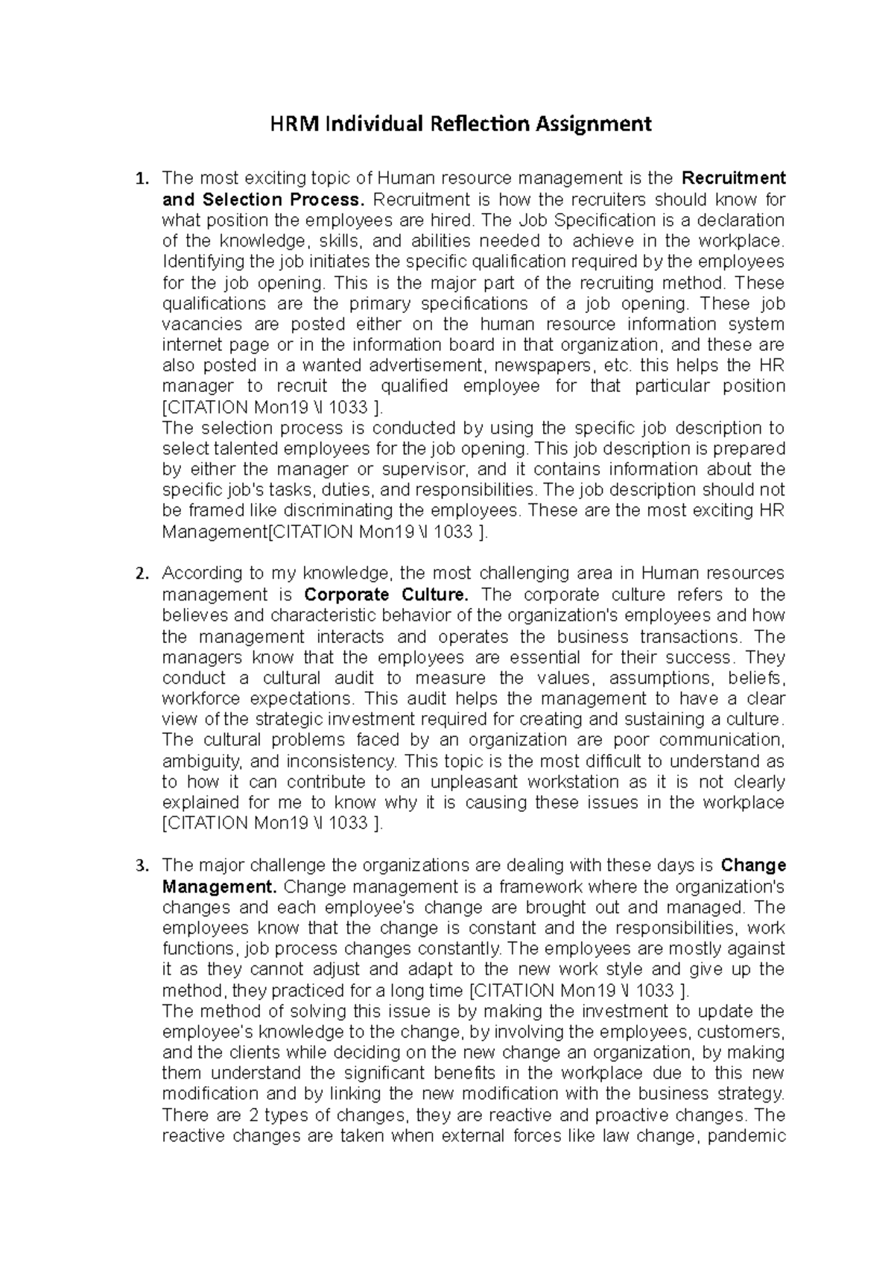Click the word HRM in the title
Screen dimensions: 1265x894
[x=289, y=123]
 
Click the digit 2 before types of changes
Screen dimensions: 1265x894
[x=235, y=1116]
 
